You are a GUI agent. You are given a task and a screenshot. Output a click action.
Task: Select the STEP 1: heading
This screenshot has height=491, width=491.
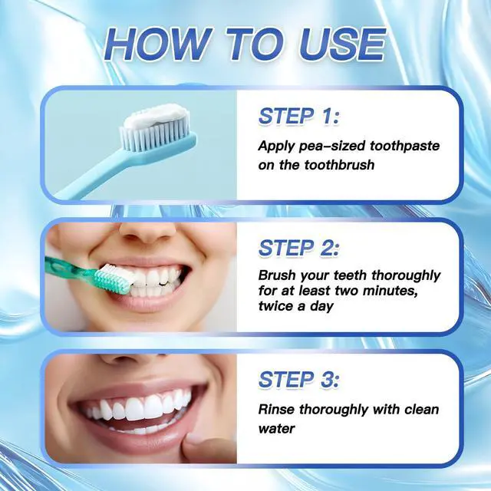coord(298,116)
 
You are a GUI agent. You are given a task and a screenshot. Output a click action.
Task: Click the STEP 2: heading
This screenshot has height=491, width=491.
coord(298,248)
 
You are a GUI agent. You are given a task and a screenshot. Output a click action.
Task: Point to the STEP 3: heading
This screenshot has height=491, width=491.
coord(298,380)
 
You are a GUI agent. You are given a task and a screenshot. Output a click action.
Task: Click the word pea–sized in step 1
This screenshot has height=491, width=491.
coord(332,147)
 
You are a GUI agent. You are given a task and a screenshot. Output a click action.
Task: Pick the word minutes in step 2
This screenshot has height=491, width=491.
coord(390,291)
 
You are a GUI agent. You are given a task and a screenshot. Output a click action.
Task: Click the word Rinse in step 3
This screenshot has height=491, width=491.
coord(276,409)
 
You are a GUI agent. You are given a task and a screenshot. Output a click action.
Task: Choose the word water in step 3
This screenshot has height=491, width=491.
coord(276,429)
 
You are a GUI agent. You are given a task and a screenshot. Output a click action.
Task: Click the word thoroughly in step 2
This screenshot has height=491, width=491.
coord(406,276)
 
